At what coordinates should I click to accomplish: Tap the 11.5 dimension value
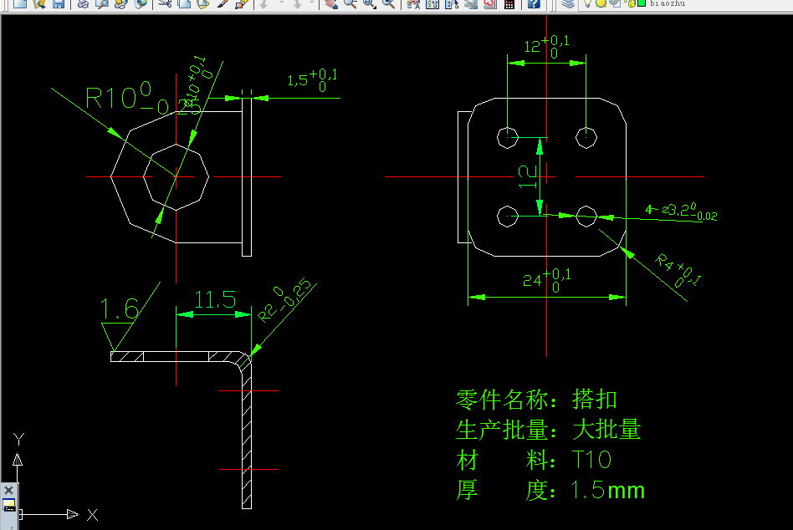(x=215, y=299)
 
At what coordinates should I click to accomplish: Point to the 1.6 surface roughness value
(x=120, y=310)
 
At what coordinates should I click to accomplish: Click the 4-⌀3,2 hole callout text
(x=680, y=211)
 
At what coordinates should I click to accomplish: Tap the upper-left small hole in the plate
(x=508, y=136)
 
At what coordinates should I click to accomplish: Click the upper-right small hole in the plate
(x=586, y=136)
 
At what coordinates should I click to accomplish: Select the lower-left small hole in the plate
(x=508, y=217)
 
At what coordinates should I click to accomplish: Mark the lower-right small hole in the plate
(x=586, y=217)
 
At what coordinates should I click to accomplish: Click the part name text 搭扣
(x=595, y=399)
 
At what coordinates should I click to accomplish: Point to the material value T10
(x=592, y=460)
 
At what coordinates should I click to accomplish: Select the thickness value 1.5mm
(x=607, y=490)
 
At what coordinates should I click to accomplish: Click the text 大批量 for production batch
(x=606, y=430)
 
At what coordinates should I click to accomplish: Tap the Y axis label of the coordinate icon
(x=18, y=438)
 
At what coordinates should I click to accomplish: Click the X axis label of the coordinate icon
(x=92, y=514)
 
